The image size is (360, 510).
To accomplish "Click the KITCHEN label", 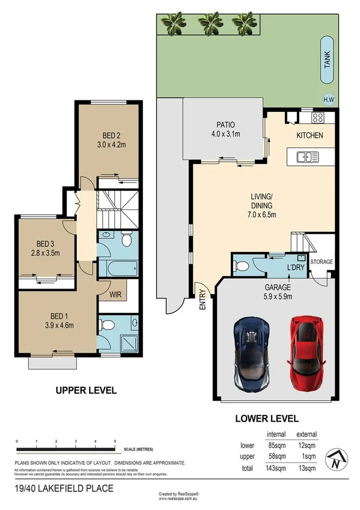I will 310,135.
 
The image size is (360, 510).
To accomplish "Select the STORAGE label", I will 322,262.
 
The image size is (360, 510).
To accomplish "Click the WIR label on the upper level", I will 116,295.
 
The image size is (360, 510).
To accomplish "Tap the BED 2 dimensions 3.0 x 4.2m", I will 110,144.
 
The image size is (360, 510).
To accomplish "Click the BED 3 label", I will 46,244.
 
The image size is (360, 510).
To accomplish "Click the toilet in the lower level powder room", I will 242,264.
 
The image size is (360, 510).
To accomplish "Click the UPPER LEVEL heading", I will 86,390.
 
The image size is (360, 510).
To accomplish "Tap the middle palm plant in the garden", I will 211,22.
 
